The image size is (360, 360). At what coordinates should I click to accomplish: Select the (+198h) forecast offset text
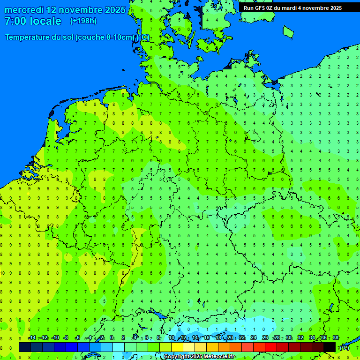tap(83, 21)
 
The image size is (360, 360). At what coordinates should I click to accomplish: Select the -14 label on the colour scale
tap(32, 337)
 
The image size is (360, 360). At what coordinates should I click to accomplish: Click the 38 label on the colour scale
tap(336, 337)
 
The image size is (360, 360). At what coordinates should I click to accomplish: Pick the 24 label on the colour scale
tap(254, 337)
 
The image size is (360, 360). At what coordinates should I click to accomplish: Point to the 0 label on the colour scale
tap(112, 337)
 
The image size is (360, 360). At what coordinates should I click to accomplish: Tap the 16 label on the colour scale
tap(207, 337)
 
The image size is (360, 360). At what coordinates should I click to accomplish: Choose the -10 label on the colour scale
tap(55, 337)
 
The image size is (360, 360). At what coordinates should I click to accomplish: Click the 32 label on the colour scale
tap(300, 337)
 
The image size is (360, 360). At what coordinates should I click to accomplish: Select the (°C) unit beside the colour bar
tap(344, 348)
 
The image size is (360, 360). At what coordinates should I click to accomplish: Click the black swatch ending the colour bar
tap(330, 347)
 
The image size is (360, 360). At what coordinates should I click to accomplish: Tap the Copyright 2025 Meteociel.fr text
tap(199, 357)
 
